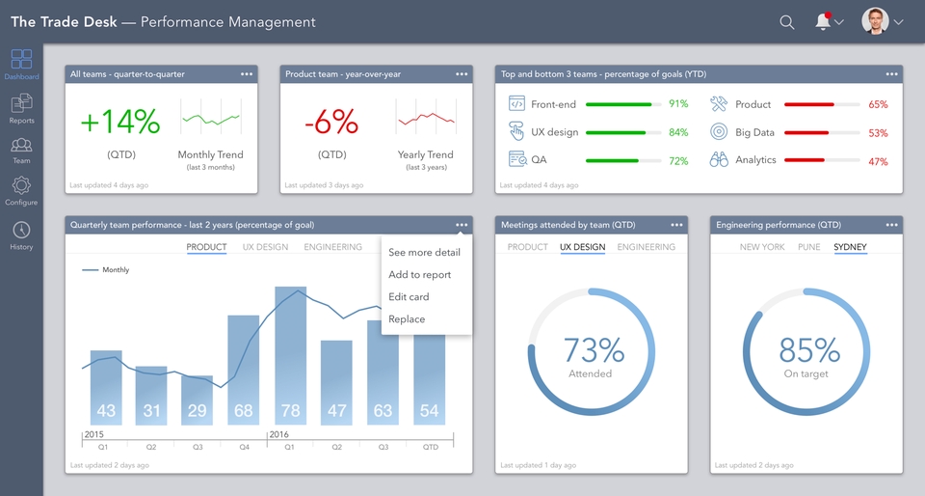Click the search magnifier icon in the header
coord(787,22)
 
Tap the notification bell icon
coord(823,22)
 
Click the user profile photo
coord(875,21)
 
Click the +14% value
coord(119,122)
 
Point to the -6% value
coord(331,122)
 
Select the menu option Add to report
coord(419,275)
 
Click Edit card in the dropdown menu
coord(409,297)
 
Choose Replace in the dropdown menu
coord(407,319)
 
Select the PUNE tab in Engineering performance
coord(809,247)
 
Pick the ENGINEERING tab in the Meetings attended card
coord(646,247)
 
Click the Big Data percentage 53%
coord(878,133)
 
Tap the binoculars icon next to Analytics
coord(719,160)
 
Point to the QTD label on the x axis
coord(430,447)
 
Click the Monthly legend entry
coord(115,270)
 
